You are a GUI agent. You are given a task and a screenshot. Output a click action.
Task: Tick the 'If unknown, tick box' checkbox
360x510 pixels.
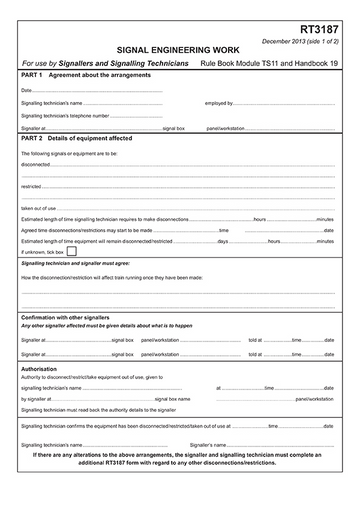[x=70, y=252]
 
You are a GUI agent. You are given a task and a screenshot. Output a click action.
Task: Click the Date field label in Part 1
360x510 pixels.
[x=26, y=90]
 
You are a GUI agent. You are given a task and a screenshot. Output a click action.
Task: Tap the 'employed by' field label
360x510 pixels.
[x=218, y=103]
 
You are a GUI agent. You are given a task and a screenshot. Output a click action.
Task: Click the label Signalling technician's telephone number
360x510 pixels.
[x=66, y=115]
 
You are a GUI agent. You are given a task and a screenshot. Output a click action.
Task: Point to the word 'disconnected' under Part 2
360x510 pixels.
[x=35, y=164]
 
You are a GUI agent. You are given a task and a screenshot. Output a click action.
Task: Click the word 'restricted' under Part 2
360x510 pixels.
[x=31, y=186]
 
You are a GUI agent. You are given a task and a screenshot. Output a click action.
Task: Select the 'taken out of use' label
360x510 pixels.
[x=38, y=207]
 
